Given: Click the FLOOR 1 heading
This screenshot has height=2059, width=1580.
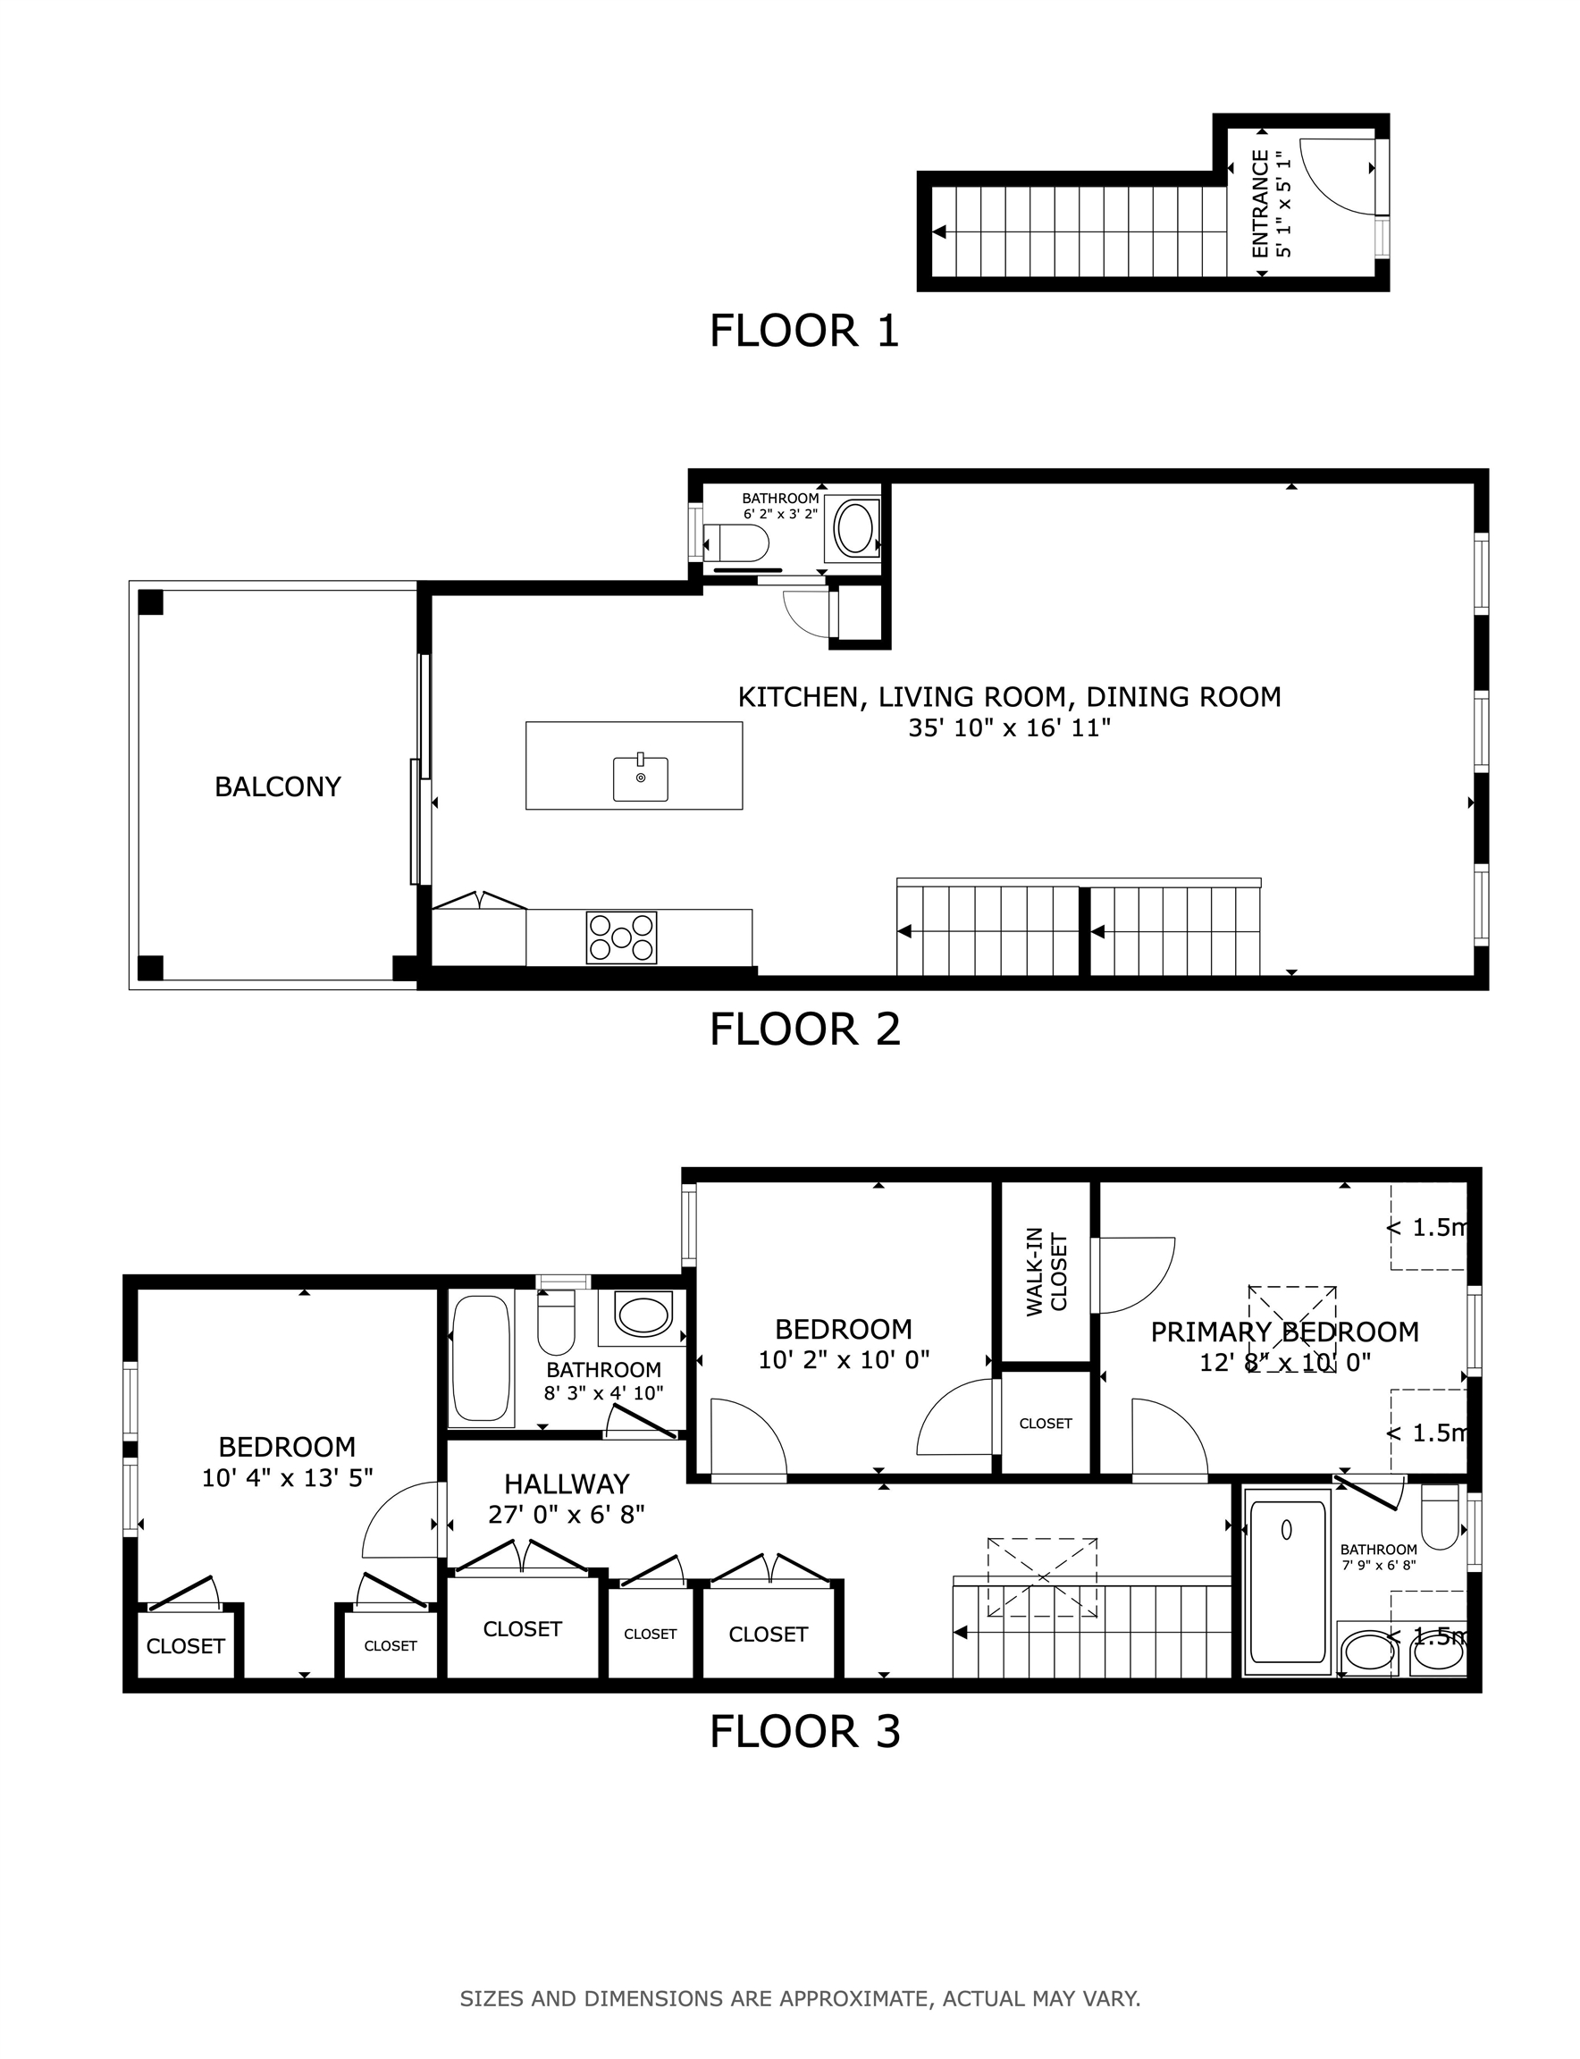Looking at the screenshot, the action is [x=804, y=331].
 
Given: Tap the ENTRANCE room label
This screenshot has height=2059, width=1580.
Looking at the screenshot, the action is [x=1260, y=203].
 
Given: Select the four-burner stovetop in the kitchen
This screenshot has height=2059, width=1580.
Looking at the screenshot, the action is [x=621, y=937].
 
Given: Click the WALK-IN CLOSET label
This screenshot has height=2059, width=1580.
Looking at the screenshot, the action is [x=1046, y=1272].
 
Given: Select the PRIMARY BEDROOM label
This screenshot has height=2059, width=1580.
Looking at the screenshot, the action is [x=1285, y=1332].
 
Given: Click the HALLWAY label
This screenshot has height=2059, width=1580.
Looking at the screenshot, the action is [x=567, y=1484].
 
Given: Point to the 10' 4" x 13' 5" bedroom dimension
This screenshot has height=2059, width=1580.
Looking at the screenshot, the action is [x=287, y=1478].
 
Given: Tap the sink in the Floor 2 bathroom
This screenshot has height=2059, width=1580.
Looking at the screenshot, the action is [x=855, y=530].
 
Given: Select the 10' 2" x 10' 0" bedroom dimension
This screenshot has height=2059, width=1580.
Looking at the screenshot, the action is [x=844, y=1359].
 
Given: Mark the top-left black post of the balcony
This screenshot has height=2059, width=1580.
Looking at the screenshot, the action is [x=150, y=602].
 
